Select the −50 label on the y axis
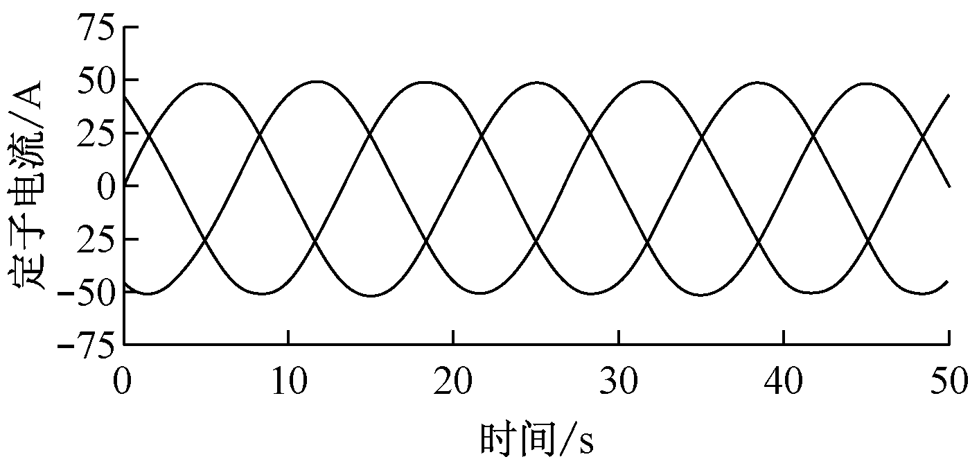pyautogui.click(x=87, y=292)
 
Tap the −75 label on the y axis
pyautogui.click(x=87, y=345)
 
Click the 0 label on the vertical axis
pyautogui.click(x=105, y=186)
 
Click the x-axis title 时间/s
pyautogui.click(x=537, y=439)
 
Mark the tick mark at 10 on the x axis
pyautogui.click(x=288, y=337)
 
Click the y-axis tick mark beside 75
pyautogui.click(x=132, y=27)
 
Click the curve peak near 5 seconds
pyautogui.click(x=207, y=83)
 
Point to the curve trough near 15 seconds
pyautogui.click(x=371, y=296)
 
